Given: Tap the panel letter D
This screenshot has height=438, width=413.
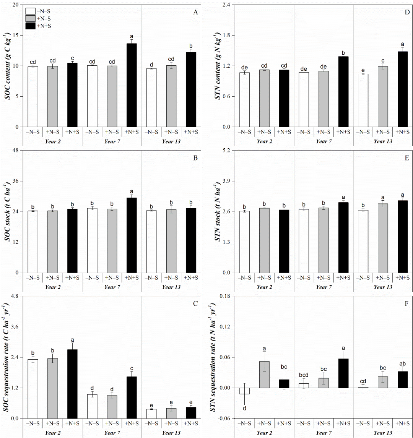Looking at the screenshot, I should click(401, 13).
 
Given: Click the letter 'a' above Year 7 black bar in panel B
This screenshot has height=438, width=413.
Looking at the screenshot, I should click(132, 191).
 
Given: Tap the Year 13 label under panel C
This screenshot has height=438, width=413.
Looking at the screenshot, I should click(171, 434).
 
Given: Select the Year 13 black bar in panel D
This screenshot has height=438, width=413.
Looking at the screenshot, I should click(403, 89).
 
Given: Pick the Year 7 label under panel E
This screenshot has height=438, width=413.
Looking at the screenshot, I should click(323, 287).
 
